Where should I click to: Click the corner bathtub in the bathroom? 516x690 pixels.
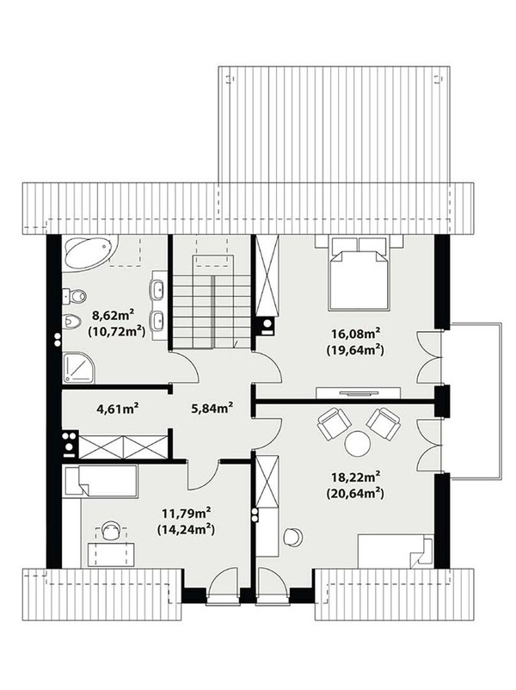(x=89, y=252)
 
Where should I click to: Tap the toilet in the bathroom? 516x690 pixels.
(x=74, y=297)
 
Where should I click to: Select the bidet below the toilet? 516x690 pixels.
(x=72, y=322)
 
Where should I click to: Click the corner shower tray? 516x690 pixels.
(x=78, y=367)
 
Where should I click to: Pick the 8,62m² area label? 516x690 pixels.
(x=113, y=315)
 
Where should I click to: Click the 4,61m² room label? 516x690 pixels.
(x=118, y=409)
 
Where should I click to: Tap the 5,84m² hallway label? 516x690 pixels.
(x=212, y=409)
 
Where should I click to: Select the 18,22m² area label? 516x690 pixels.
(x=355, y=477)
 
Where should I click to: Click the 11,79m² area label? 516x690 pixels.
(x=187, y=513)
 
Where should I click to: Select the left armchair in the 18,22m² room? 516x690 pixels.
(x=333, y=423)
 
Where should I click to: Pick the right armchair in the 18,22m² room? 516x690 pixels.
(x=384, y=423)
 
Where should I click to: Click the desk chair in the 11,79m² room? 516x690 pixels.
(x=111, y=530)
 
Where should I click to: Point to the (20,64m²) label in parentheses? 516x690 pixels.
(x=355, y=494)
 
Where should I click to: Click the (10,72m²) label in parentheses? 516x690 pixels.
(x=117, y=331)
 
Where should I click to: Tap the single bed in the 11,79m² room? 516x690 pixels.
(x=100, y=482)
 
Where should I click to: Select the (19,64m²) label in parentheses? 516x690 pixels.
(x=355, y=350)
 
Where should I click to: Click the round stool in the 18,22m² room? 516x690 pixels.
(x=292, y=536)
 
